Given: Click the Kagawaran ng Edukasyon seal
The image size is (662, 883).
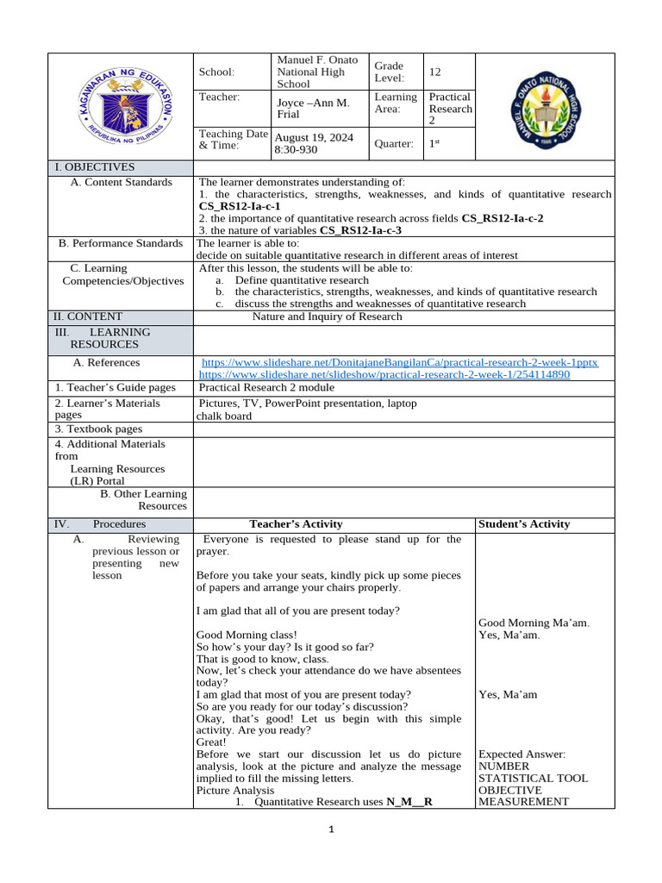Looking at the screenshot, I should [120, 107].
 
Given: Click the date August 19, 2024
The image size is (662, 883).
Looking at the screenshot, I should [314, 138].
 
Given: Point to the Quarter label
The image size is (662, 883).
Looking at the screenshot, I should [394, 144].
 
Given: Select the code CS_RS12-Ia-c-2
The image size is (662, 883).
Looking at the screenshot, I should [503, 219].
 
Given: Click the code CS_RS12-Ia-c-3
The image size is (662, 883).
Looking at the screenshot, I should [360, 231].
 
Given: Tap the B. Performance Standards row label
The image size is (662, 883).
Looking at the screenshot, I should [121, 244].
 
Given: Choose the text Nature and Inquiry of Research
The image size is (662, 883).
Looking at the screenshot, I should [327, 317].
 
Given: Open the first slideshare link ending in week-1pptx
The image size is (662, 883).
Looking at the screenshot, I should [399, 363].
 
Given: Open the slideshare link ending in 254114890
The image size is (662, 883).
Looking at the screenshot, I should [384, 375].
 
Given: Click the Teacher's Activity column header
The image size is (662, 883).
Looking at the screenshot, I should [296, 524].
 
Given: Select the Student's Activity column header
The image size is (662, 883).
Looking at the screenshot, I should [523, 524].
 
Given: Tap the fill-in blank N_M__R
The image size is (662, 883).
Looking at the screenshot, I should [409, 802].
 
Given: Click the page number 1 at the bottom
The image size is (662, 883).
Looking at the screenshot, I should [330, 830].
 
